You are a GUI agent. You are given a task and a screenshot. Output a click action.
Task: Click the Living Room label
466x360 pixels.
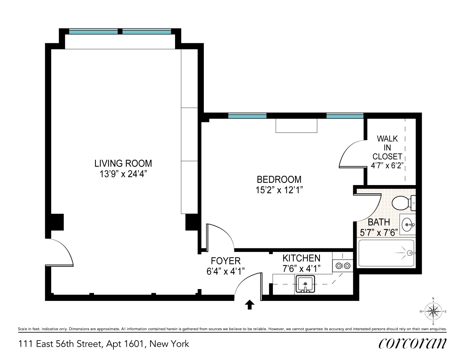coord(123,163)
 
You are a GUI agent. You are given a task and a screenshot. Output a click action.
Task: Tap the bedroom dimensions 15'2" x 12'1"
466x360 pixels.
coord(279,190)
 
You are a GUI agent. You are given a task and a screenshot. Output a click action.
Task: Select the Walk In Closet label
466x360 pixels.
coord(387,148)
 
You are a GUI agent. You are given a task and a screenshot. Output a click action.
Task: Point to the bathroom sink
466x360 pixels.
coord(407,225)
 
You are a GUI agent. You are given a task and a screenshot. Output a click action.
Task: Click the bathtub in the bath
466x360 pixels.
coord(386,253)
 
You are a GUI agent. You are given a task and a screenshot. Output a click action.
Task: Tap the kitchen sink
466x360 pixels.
coord(305,284)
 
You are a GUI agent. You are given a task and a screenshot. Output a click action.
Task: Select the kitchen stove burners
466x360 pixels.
coord(342,266)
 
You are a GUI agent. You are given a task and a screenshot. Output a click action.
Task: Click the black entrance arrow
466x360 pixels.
coord(250,305)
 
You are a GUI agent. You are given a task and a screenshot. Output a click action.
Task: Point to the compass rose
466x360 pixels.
coord(433,311)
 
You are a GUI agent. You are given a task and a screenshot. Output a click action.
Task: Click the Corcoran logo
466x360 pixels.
coord(412,343)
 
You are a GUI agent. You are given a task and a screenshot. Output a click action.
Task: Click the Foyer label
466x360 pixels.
coord(225,261)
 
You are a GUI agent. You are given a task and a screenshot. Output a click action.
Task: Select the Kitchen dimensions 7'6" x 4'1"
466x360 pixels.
coord(301,268)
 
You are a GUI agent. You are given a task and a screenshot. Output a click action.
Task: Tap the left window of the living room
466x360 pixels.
coord(93,32)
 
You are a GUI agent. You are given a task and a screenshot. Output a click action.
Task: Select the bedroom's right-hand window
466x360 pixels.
coord(345,116)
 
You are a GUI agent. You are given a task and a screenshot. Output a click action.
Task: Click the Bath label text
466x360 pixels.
coord(378,222)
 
